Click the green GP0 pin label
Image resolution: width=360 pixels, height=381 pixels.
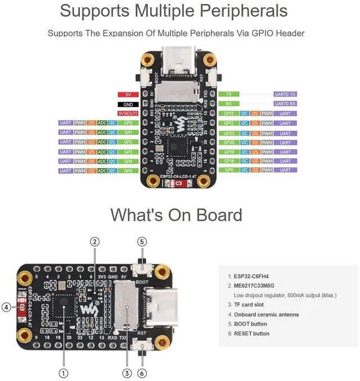[128, 123]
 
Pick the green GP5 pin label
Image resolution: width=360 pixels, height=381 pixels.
[128, 170]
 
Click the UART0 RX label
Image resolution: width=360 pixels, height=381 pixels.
[285, 103]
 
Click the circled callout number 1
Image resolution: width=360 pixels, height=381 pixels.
[63, 373]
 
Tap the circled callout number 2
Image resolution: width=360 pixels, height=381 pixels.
[95, 242]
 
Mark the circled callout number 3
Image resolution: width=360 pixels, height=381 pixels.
[127, 373]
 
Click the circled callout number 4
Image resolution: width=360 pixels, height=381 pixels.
[6, 307]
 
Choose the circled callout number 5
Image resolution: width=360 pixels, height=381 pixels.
[142, 242]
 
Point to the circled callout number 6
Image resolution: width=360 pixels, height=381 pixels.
[142, 373]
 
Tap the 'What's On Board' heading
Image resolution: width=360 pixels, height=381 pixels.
[176, 215]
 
